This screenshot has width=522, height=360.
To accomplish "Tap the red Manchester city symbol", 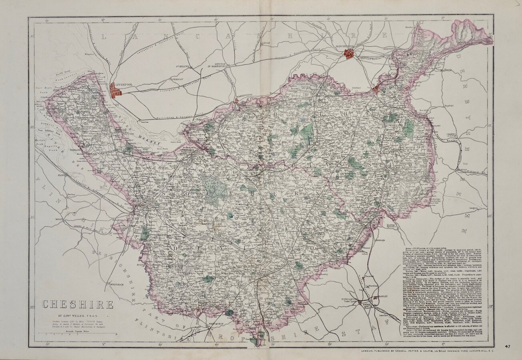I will pyautogui.click(x=349, y=54).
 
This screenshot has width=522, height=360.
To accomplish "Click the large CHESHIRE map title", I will pyautogui.click(x=78, y=305).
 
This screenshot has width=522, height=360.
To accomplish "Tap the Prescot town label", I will pyautogui.click(x=177, y=79).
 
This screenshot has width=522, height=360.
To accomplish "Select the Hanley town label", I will pyautogui.click(x=383, y=297).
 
